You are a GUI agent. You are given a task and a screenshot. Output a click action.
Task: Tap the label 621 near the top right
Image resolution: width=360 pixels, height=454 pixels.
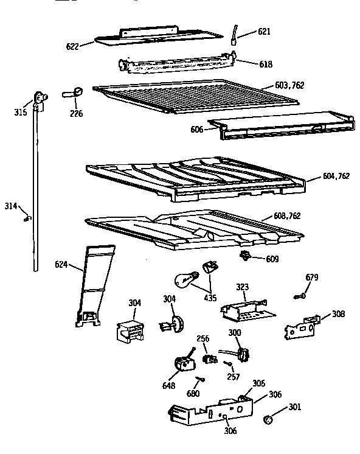247,32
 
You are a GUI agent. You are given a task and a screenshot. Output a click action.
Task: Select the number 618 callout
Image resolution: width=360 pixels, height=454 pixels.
249,64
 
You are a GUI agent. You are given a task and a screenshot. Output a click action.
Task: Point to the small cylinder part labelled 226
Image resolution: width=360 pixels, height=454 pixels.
75,92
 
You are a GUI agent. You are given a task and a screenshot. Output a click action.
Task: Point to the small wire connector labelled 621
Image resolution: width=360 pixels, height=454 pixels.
233,35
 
